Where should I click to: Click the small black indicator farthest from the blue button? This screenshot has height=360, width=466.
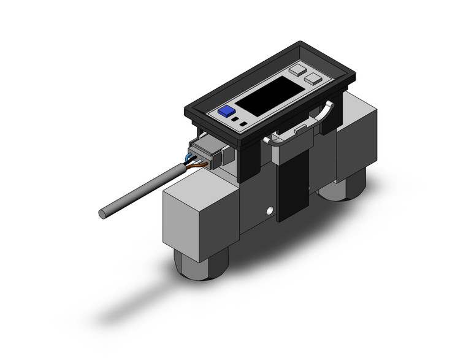(x=243, y=125)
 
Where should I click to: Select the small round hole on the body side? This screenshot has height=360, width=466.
(x=267, y=212)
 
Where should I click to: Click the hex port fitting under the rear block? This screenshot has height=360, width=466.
(x=342, y=187)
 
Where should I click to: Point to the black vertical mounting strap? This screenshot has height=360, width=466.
(x=292, y=184)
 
